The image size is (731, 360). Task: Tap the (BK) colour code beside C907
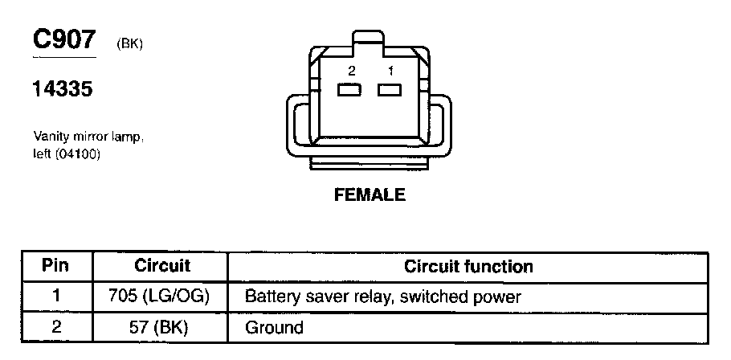click(129, 44)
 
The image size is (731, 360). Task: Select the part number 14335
click(63, 89)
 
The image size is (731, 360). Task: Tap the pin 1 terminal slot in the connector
click(390, 91)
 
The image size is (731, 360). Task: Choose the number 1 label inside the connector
click(390, 72)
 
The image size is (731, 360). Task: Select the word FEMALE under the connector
click(370, 194)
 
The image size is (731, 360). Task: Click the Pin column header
click(55, 266)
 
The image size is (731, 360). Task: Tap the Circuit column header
click(161, 266)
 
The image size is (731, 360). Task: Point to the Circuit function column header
click(468, 266)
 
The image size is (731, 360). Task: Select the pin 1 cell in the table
click(55, 296)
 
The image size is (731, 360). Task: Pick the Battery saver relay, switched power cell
click(382, 297)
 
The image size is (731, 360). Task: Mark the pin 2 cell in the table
click(55, 326)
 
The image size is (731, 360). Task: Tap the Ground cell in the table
click(274, 327)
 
